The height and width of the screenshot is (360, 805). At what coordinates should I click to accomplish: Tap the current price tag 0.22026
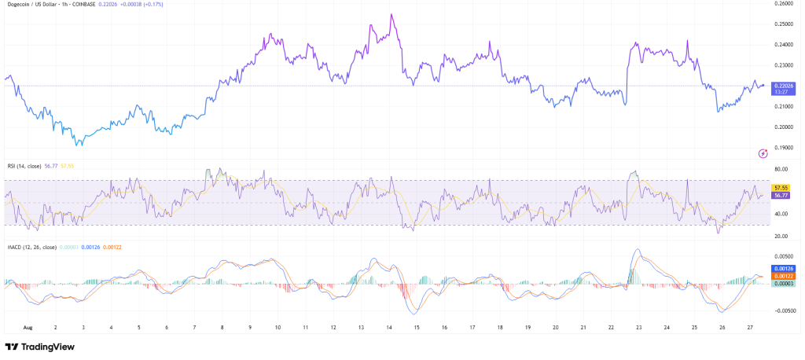pos(784,85)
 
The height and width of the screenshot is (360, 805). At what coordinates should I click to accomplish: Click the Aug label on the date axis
pos(28,326)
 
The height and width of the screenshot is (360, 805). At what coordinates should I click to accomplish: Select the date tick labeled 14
pos(388,326)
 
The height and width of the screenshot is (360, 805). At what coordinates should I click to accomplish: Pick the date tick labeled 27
pos(750,326)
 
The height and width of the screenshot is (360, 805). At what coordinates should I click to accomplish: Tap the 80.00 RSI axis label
pos(781,169)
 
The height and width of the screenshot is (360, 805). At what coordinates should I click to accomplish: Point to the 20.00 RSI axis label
pos(781,236)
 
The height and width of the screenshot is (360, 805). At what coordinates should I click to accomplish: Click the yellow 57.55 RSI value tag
pos(781,188)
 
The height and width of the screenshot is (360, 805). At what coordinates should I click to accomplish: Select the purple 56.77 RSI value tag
pos(781,195)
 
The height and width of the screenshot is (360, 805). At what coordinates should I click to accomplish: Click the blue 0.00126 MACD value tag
pos(783,269)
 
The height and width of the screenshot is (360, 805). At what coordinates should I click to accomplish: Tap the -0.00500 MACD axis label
pos(782,310)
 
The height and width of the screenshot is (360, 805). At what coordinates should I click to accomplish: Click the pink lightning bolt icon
pos(762,153)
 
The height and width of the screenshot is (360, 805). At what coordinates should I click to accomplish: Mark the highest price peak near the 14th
pos(391,14)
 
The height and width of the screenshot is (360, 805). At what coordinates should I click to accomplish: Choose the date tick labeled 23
pos(638,326)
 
